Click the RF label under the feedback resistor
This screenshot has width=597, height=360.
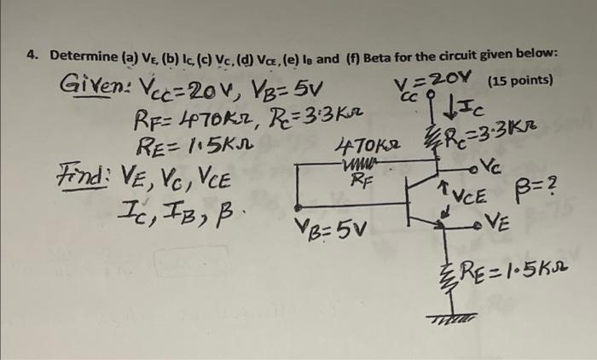pos(361,180)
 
